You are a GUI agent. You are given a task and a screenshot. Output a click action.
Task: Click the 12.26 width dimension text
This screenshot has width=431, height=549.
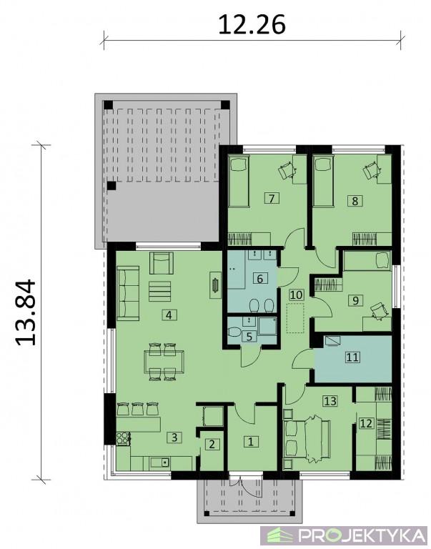tap(252, 25)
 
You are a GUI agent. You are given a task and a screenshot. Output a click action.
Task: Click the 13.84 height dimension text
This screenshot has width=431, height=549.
tap(26, 312)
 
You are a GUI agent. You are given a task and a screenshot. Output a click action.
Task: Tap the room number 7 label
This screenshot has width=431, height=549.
tap(272, 199)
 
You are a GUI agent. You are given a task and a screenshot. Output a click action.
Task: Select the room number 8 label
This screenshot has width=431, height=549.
tap(355, 201)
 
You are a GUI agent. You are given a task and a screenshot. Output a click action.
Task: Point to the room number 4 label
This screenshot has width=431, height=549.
tap(169, 315)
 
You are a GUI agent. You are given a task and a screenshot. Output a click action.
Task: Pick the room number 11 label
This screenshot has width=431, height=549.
tap(352, 357)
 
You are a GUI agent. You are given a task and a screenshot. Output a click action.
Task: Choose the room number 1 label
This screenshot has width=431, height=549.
tap(251, 442)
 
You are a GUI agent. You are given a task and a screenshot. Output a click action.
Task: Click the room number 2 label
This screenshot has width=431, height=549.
tap(212, 445)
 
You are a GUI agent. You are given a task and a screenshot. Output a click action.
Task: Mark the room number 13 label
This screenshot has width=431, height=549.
tap(330, 400)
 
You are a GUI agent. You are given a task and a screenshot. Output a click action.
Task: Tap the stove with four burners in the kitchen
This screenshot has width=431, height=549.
tap(123, 438)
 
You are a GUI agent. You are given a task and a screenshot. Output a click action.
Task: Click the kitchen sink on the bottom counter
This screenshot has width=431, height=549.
tap(160, 463)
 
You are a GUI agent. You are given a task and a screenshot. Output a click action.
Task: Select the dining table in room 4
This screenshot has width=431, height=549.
tap(164, 361)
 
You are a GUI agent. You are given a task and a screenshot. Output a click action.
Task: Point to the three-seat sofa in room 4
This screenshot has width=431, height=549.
tap(128, 292)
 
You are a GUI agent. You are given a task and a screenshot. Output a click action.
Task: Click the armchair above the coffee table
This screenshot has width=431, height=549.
tap(162, 263)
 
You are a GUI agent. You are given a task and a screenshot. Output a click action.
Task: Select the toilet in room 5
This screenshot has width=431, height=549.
tap(234, 332)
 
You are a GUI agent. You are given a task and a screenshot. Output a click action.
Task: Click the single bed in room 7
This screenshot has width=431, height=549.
tap(239, 182)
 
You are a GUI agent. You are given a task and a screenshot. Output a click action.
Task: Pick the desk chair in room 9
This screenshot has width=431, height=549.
tap(380, 310)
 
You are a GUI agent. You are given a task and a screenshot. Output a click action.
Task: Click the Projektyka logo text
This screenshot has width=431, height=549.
tap(361, 535)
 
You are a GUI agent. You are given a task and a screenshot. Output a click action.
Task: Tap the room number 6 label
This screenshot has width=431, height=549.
tap(259, 279)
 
